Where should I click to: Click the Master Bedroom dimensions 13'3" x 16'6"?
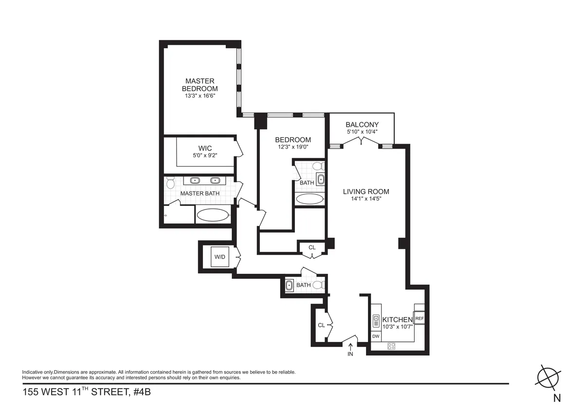pyautogui.click(x=200, y=96)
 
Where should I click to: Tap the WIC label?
pyautogui.click(x=205, y=148)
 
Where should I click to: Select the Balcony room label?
pyautogui.click(x=362, y=125)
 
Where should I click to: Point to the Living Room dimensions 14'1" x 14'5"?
pyautogui.click(x=366, y=199)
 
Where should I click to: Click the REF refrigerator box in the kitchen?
pyautogui.click(x=420, y=319)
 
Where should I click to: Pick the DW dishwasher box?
pyautogui.click(x=376, y=337)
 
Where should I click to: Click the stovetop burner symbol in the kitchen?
pyautogui.click(x=391, y=346)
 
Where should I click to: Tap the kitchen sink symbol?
pyautogui.click(x=376, y=320)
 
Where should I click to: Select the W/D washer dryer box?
pyautogui.click(x=220, y=257)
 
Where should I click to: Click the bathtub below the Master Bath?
pyautogui.click(x=213, y=215)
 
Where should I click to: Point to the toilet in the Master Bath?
pyautogui.click(x=170, y=183)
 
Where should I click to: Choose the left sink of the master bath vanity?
pyautogui.click(x=195, y=180)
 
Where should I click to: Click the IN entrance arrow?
pyautogui.click(x=351, y=347)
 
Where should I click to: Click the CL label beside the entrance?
pyautogui.click(x=321, y=325)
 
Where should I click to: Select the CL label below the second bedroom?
pyautogui.click(x=312, y=247)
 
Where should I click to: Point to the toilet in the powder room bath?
pyautogui.click(x=319, y=285)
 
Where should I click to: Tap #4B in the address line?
pyautogui.click(x=142, y=392)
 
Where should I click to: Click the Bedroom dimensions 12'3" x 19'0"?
pyautogui.click(x=293, y=147)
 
